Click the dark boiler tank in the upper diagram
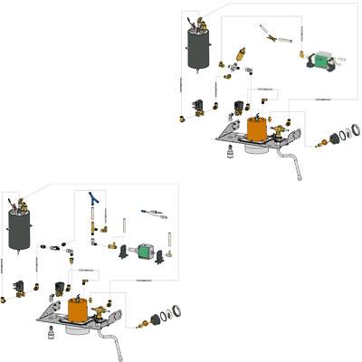pos(198,47)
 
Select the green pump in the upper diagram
pos(320,61)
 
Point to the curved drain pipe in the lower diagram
pos(115,343)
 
